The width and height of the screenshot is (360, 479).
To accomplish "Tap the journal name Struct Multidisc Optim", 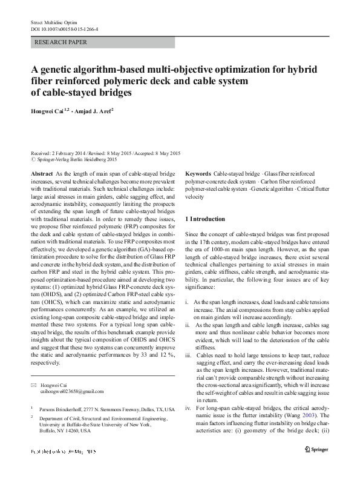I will pos(54,21).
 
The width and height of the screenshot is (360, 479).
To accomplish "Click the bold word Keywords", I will pos(198,173).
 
